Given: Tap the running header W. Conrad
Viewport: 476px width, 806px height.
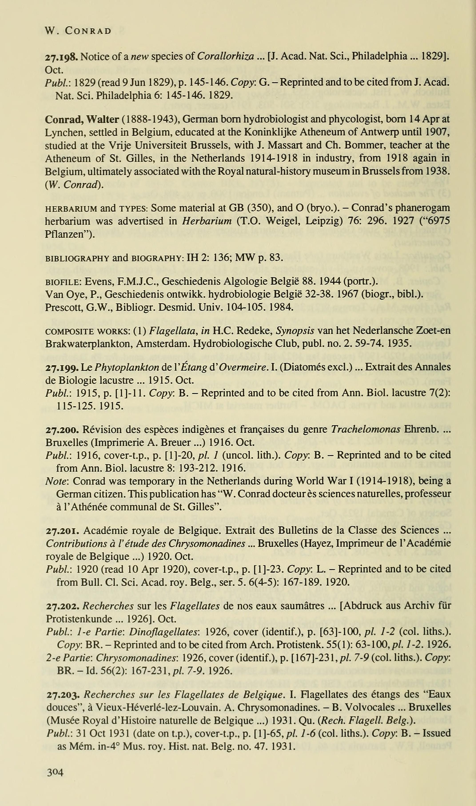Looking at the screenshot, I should [x=78, y=31].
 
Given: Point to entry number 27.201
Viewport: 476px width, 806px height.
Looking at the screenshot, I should [x=62, y=530].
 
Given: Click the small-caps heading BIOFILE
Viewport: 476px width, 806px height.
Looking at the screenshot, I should [x=64, y=282].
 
